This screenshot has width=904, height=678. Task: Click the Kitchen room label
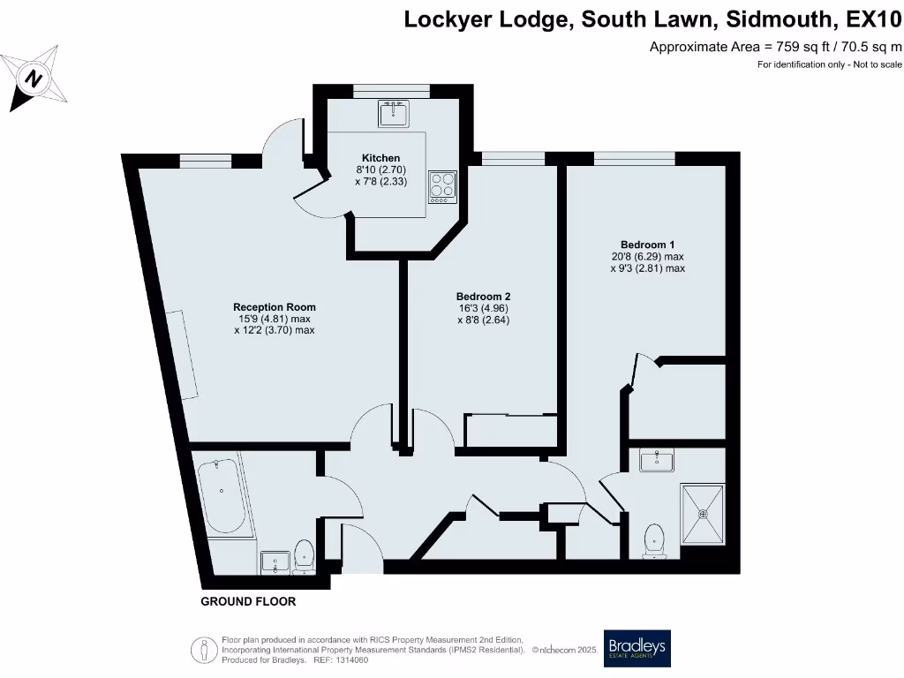pos(380,158)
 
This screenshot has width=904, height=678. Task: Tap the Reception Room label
pos(275,307)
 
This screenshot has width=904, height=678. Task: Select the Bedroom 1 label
pos(647,245)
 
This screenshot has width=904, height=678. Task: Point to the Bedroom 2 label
pos(483,297)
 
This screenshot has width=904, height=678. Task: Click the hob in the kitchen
pos(443,187)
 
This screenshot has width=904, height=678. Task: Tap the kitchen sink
pos(394,114)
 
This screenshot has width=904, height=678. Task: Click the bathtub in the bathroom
pos(222,496)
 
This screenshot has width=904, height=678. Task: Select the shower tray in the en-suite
pos(702,514)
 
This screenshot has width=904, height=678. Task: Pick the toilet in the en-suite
pos(654,541)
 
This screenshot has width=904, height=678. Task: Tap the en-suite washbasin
pos(657,460)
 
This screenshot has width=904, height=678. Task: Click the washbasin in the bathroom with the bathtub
pos(275,562)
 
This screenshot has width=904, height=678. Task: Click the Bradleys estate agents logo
pos(637,649)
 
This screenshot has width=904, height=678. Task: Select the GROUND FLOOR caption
pos(248,601)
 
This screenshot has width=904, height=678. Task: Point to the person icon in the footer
pos(204,651)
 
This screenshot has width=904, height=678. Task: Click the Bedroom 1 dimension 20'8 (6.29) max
pos(647,257)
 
